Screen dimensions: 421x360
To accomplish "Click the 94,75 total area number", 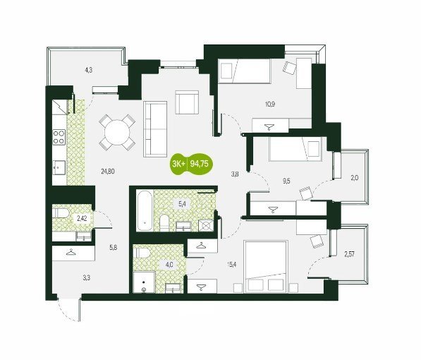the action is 199,164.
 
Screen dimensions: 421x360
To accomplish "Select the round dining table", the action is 117,133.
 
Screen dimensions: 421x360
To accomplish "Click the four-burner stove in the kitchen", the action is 59,137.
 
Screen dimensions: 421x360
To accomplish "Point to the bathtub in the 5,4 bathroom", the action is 145,210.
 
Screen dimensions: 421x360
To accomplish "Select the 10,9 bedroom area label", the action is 270,104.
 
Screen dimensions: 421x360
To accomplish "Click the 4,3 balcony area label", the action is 89,71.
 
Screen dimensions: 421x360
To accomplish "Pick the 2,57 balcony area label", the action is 349,254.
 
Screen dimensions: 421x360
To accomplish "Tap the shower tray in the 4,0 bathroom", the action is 144,282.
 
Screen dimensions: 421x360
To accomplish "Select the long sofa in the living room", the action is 155,129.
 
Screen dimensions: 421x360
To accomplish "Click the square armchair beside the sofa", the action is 187,102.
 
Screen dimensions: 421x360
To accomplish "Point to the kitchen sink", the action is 59,168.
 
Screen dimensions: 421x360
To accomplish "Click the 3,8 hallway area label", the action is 235,174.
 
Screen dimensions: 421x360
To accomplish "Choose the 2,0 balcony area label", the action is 355,178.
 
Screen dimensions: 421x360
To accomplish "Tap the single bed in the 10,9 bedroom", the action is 244,71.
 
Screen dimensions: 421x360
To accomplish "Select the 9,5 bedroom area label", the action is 286,181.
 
